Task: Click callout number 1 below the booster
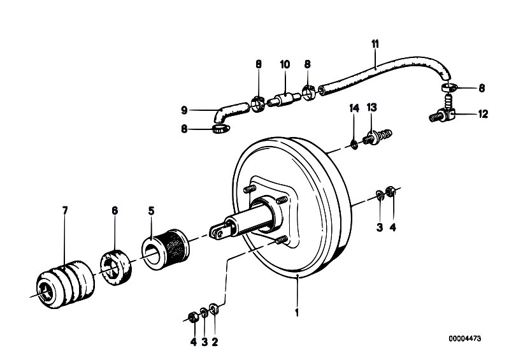click(x=297, y=313)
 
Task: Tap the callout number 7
click(x=65, y=211)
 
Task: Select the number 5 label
click(x=151, y=211)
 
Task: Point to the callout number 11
click(x=375, y=44)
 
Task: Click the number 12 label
click(x=483, y=114)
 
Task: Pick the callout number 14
click(x=354, y=108)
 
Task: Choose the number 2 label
click(x=215, y=342)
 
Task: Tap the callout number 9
click(x=184, y=110)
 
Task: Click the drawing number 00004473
click(x=465, y=338)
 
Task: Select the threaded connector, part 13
click(x=379, y=136)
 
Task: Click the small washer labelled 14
click(x=354, y=145)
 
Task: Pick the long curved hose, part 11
click(x=386, y=73)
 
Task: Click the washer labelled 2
click(x=213, y=308)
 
